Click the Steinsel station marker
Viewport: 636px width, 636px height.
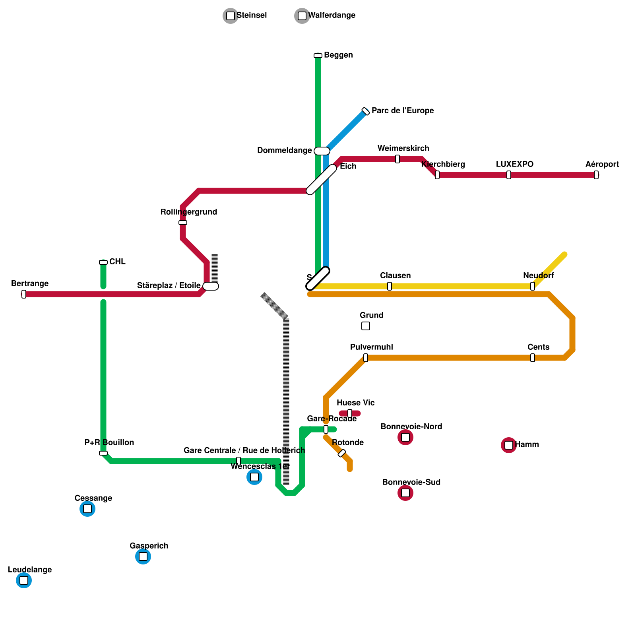pos(231,16)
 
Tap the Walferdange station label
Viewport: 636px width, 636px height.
pos(332,16)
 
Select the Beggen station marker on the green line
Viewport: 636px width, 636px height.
pos(318,56)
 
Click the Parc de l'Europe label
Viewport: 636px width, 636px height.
pos(402,111)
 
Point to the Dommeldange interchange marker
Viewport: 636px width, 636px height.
pos(322,151)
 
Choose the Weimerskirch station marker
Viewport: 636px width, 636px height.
pos(397,159)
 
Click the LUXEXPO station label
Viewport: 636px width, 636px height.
pos(514,165)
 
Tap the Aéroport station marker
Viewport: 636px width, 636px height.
pos(596,175)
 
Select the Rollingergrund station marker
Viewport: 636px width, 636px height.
pos(183,223)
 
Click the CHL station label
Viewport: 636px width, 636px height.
pos(117,262)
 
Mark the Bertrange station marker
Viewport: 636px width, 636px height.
pos(24,294)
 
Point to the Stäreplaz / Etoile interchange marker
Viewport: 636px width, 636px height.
pos(211,286)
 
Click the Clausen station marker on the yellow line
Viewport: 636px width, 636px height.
pos(390,286)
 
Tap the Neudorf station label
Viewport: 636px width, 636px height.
pos(538,276)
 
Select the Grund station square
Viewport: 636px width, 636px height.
pos(366,326)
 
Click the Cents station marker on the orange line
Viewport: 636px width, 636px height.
pos(533,358)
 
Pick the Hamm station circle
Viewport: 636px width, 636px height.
pos(509,445)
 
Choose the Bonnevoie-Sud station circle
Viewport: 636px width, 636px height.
pos(405,493)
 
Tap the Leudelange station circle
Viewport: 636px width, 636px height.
pos(24,580)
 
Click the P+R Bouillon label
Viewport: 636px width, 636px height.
pos(109,443)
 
